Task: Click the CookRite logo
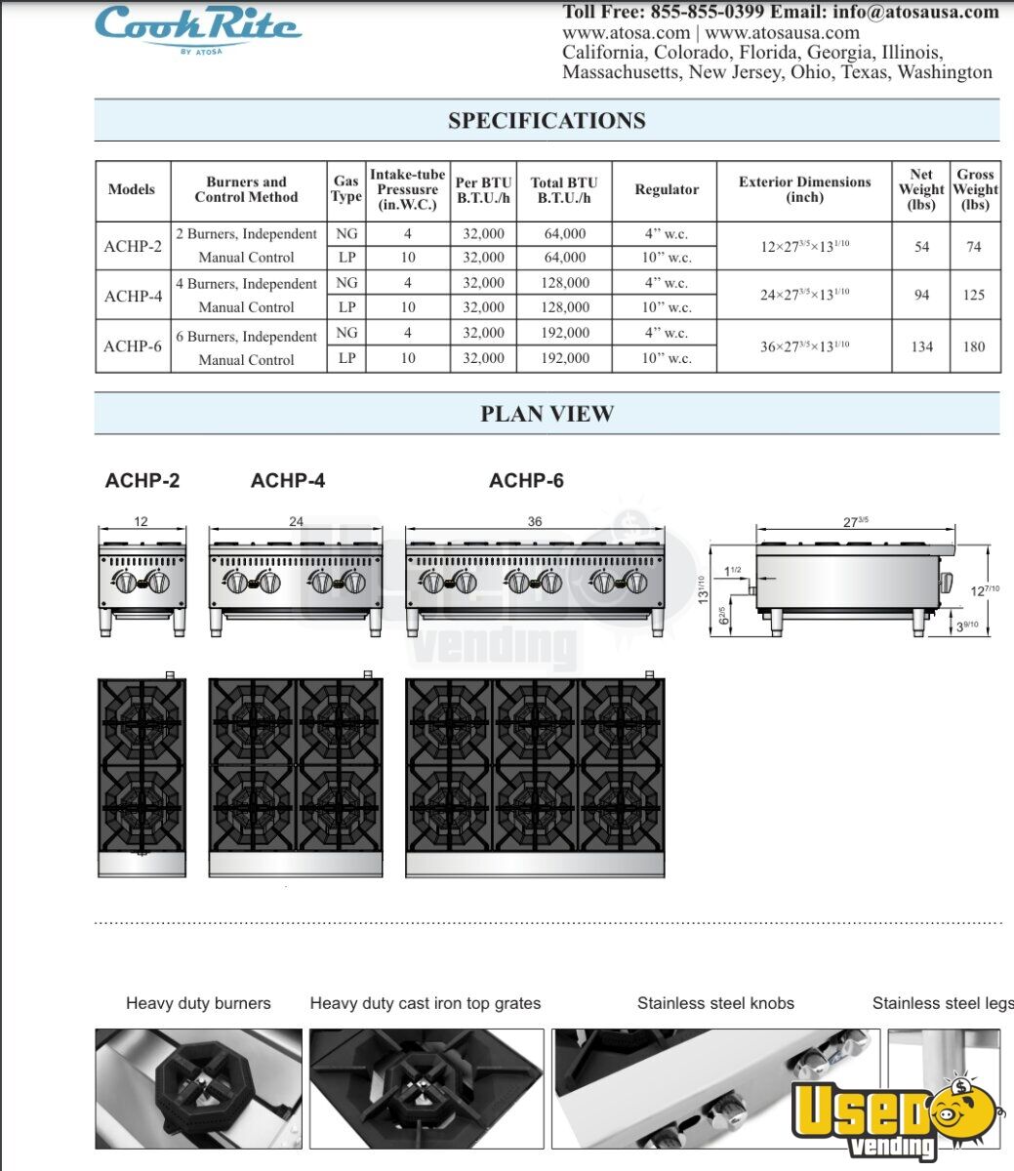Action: pyautogui.click(x=197, y=27)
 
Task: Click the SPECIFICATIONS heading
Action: pyautogui.click(x=547, y=121)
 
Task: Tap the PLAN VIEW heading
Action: pyautogui.click(x=547, y=414)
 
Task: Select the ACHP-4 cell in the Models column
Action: pyautogui.click(x=133, y=296)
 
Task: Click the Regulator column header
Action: pyautogui.click(x=667, y=189)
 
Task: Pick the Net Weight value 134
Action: pyautogui.click(x=921, y=346)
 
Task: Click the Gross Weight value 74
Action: pyautogui.click(x=974, y=247)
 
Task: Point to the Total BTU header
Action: pyautogui.click(x=564, y=189)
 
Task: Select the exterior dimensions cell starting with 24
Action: pyautogui.click(x=804, y=295)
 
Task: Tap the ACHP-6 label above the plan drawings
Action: pyautogui.click(x=526, y=480)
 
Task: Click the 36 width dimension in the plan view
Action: pyautogui.click(x=535, y=522)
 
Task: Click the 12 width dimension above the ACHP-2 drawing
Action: pyautogui.click(x=142, y=522)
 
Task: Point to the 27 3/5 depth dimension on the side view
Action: pyautogui.click(x=854, y=522)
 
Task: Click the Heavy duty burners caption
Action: pyautogui.click(x=198, y=1003)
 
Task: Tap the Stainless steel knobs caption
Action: pyautogui.click(x=715, y=1003)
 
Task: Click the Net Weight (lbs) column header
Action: pyautogui.click(x=921, y=189)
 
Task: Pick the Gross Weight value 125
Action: pyautogui.click(x=974, y=295)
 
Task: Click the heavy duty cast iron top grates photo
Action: pyautogui.click(x=426, y=1088)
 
